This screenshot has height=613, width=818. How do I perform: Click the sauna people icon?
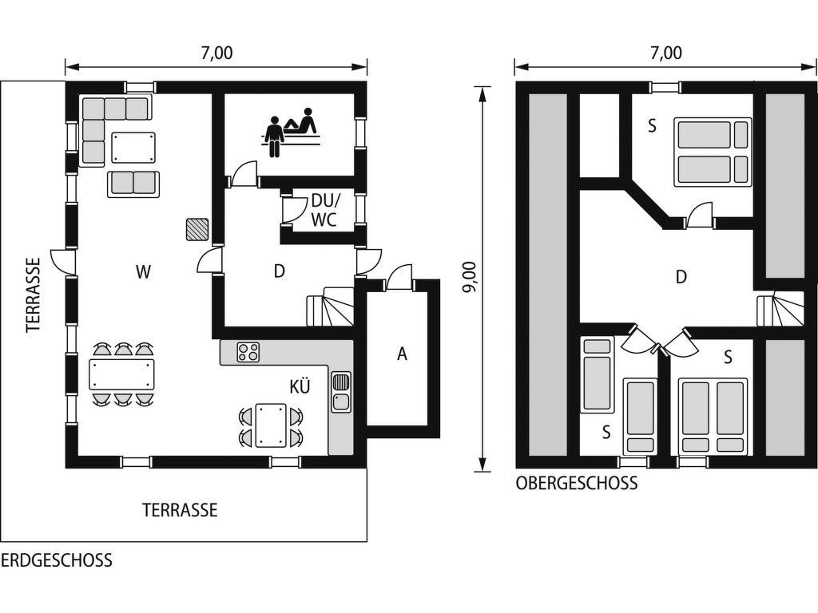tap(292, 132)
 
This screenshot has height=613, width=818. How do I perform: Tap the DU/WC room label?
tap(324, 210)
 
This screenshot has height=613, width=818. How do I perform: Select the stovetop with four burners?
tap(248, 352)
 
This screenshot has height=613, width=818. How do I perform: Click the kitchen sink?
tap(340, 391)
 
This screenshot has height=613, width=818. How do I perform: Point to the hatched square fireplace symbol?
tap(197, 229)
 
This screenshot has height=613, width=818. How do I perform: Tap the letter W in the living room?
tap(144, 271)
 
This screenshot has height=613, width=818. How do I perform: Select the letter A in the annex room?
tap(402, 354)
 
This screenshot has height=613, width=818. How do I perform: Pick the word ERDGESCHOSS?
tap(57, 560)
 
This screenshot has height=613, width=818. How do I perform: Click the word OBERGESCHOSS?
tap(577, 483)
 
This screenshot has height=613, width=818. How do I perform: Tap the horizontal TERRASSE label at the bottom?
tap(180, 509)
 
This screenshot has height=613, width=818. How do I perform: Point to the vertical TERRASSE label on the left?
tap(34, 295)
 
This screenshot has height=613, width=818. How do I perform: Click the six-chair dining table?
tap(122, 374)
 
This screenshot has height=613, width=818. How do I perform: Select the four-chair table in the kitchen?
tap(270, 425)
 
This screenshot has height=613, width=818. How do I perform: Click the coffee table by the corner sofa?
tap(133, 148)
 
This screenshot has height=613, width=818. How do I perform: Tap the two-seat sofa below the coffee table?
tap(133, 184)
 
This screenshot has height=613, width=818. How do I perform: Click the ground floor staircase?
tap(330, 307)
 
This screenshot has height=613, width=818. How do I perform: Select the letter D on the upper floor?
tap(681, 277)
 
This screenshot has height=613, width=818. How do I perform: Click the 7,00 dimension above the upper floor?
tap(666, 53)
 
